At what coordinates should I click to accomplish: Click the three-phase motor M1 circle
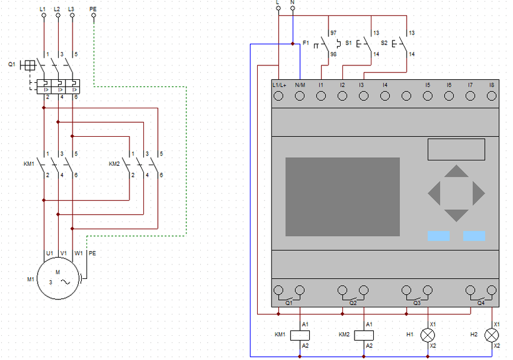[59, 280]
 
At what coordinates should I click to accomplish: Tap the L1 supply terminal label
[43, 9]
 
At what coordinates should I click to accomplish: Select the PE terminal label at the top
[93, 9]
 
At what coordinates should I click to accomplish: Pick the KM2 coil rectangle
[364, 335]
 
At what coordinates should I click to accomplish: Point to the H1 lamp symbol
[428, 335]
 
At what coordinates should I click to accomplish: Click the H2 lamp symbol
[491, 335]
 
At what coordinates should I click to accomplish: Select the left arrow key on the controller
[434, 194]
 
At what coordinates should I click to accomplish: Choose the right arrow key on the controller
[479, 194]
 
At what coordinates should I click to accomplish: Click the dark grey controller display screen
[342, 197]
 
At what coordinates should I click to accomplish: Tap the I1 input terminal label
[321, 85]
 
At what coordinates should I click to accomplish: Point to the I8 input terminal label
[492, 85]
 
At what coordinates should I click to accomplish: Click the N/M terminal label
[300, 85]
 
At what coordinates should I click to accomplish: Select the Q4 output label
[481, 303]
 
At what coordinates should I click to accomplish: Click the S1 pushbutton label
[348, 43]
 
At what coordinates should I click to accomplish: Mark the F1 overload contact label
[306, 43]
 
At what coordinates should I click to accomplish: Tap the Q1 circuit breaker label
[11, 64]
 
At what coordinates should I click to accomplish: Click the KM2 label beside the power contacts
[114, 164]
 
